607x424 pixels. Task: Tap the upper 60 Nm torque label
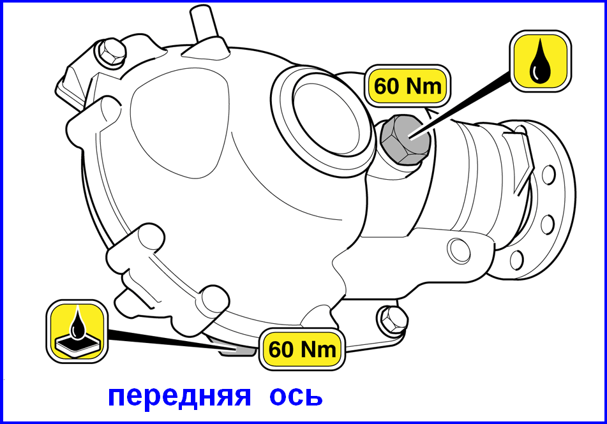tap(408, 85)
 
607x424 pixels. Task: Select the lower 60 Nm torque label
tap(302, 349)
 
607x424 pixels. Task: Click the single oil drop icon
tap(540, 61)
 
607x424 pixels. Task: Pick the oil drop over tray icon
tap(77, 332)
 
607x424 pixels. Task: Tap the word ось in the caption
tap(296, 397)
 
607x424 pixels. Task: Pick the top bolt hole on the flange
tap(548, 174)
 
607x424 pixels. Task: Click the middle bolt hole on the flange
tap(547, 224)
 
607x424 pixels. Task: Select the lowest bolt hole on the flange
tap(517, 260)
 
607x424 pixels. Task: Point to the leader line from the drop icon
tap(461, 105)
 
